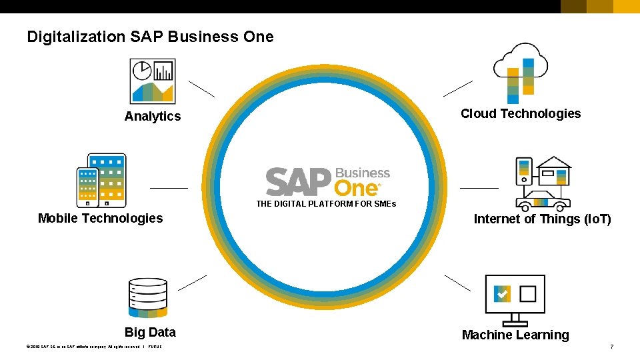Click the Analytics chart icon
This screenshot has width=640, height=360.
152,81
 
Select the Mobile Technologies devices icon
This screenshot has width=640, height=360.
101,181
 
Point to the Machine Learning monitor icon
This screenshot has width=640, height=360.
515,299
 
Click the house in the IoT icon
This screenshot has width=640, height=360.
553,171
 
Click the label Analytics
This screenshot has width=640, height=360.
153,117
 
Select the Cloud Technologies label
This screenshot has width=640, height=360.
521,114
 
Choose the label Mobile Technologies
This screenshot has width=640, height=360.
101,218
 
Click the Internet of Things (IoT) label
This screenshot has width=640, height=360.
542,219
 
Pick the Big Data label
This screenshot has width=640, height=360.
150,333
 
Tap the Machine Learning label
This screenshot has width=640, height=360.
515,335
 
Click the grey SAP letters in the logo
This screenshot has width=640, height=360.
298,182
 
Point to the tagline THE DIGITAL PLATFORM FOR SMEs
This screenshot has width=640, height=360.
326,204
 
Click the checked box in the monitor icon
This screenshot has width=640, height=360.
502,293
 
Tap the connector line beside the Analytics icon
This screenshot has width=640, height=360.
201,89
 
